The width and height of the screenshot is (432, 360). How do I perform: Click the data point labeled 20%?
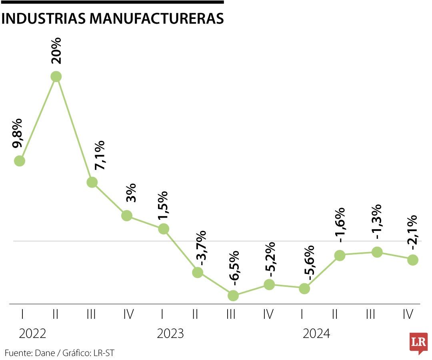[x=56, y=76]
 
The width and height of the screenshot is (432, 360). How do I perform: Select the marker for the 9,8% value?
[x=20, y=161]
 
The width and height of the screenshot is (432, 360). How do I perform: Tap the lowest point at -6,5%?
[x=233, y=296]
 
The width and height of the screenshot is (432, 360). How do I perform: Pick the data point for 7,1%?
[x=92, y=182]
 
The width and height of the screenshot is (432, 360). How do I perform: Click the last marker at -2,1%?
[x=413, y=260]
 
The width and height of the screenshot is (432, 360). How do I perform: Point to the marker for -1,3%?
[x=377, y=252]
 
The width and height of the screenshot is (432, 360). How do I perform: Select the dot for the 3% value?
[x=127, y=216]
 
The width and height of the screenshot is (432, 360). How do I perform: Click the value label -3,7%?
[x=201, y=248]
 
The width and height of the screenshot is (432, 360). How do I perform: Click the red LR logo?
[x=418, y=342]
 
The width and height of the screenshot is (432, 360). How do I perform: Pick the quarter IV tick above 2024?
[x=408, y=315]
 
